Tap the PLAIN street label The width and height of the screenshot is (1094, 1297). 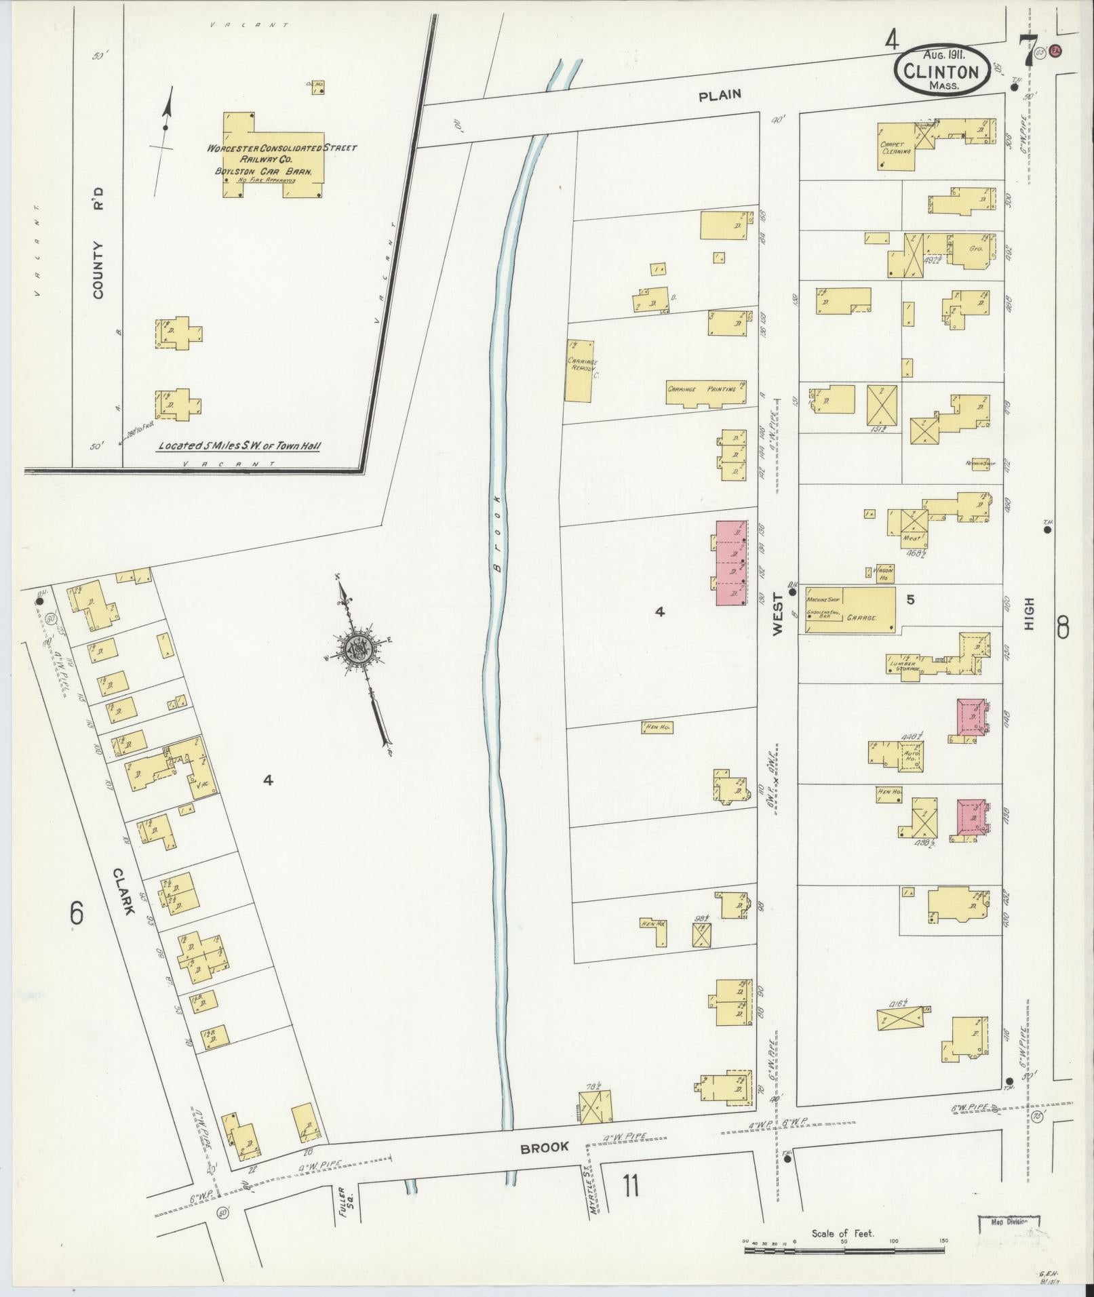click(720, 96)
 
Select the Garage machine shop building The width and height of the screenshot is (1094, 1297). click(850, 610)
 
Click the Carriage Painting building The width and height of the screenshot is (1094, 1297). click(705, 393)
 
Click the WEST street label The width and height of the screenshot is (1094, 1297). click(777, 614)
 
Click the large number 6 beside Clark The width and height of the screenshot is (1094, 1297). click(77, 915)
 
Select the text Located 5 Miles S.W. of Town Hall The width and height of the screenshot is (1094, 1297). click(239, 446)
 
